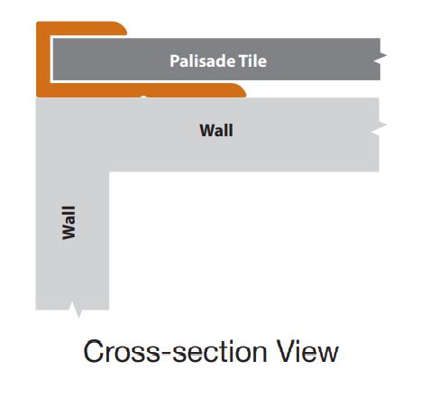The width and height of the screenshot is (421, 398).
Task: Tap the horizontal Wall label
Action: tap(216, 131)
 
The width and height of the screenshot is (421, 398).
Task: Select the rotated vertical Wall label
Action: tap(69, 223)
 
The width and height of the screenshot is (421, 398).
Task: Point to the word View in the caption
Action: tap(307, 351)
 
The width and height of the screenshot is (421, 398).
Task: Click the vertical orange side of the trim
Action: tap(43, 60)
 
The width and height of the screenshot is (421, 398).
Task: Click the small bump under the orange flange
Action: tap(143, 97)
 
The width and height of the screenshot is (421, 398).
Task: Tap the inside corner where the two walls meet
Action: tap(109, 171)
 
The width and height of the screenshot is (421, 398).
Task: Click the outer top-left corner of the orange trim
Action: tap(37, 22)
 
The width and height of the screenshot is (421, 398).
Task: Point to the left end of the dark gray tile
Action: tap(54, 60)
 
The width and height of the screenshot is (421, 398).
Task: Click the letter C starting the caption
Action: tap(94, 351)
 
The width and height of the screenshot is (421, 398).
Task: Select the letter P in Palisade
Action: tap(174, 61)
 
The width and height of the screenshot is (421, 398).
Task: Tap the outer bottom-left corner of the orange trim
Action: tap(37, 97)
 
